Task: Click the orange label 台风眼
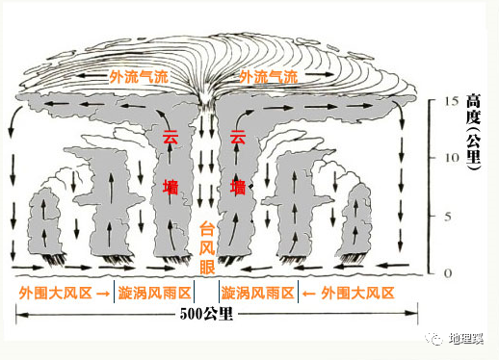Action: pyautogui.click(x=206, y=246)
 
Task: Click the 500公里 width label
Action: pyautogui.click(x=206, y=314)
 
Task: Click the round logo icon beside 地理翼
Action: pyautogui.click(x=435, y=340)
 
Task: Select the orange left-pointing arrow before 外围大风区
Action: pyautogui.click(x=309, y=292)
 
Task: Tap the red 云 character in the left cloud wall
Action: pyautogui.click(x=171, y=138)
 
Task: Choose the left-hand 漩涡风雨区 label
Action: pyautogui.click(x=152, y=292)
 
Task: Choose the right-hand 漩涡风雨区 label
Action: pyautogui.click(x=257, y=292)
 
